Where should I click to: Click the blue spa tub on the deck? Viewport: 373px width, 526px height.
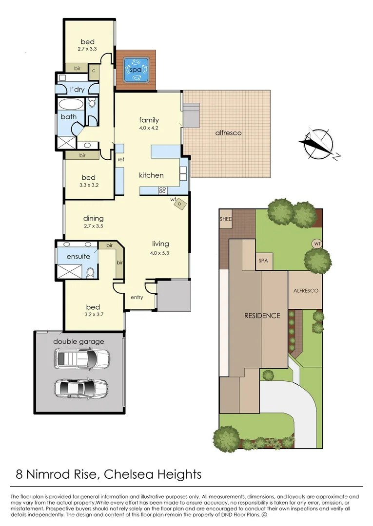tap(136, 70)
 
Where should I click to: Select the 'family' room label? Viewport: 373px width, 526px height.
tap(149, 120)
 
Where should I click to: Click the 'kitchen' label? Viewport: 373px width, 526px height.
tap(151, 175)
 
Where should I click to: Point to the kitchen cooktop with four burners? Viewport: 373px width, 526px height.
tap(162, 190)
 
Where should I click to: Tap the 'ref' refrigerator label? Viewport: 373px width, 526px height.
tap(120, 160)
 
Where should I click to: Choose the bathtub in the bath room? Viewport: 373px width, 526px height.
tap(71, 104)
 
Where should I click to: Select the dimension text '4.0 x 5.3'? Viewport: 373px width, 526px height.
tap(159, 253)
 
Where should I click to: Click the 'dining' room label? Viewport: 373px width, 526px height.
tap(93, 218)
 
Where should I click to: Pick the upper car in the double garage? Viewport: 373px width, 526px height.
tap(81, 358)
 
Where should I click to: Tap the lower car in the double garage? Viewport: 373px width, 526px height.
tap(81, 388)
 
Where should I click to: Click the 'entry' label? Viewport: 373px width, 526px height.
tap(137, 297)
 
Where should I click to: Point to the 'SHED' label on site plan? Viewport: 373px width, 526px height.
tap(226, 219)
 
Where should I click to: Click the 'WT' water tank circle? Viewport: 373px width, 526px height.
tap(317, 244)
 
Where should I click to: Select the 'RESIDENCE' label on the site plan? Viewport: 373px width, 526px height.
tap(262, 316)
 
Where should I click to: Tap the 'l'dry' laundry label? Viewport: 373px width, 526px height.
tap(77, 90)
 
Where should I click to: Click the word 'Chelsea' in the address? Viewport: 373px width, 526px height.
tap(129, 474)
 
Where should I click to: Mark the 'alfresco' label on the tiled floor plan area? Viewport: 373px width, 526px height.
tap(228, 133)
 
